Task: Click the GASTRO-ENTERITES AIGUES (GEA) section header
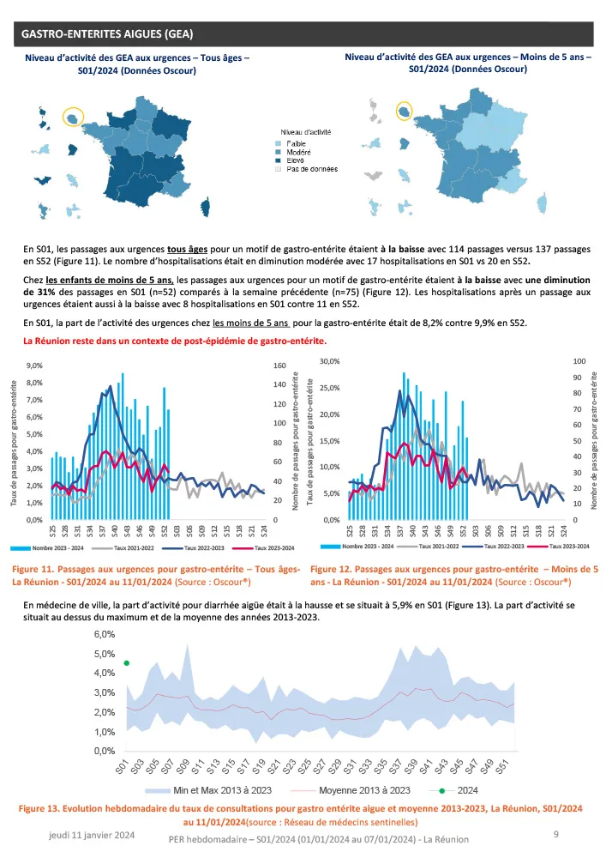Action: tap(106, 34)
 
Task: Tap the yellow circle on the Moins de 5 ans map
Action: tap(404, 112)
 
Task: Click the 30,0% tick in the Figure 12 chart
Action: tap(329, 361)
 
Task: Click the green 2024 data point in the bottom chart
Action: tap(126, 662)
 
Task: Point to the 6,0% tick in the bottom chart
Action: tap(104, 635)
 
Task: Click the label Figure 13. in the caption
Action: tap(50, 809)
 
